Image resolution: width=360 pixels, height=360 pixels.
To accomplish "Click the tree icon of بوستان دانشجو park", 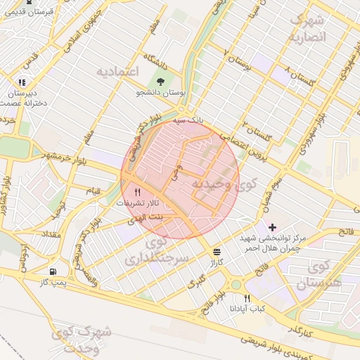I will pos(160,81).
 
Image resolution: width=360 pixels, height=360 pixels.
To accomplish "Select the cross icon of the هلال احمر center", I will pos(272,227).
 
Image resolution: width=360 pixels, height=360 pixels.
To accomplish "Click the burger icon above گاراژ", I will pos(217,250).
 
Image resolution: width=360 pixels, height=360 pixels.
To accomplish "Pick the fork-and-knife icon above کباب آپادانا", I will pos(247,298).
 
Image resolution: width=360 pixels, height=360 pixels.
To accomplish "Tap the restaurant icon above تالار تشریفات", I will pos(137,191).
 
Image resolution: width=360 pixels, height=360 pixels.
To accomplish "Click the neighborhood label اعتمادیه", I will pos(119,72).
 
